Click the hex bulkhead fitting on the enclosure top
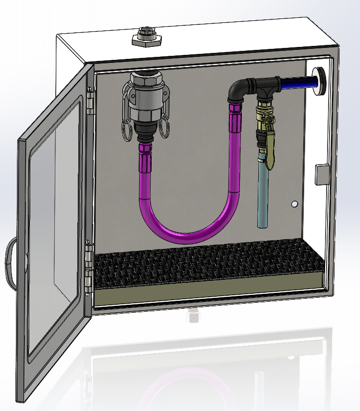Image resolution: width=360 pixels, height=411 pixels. (x=145, y=38)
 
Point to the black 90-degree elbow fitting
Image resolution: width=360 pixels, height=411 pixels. (x=239, y=90)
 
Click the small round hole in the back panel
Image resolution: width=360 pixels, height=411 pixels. (x=295, y=204)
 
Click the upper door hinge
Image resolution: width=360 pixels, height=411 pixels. (x=90, y=100)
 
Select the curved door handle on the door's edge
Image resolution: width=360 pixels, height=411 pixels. (x=10, y=262)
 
